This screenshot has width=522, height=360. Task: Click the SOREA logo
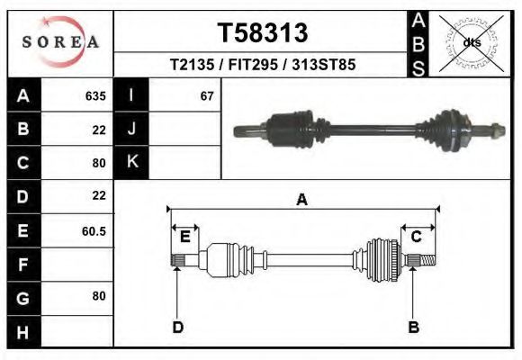pos(60,42)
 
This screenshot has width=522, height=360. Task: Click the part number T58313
pos(263,33)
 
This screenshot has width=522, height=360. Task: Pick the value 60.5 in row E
pos(94,230)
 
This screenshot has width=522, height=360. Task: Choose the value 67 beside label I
pos(207,96)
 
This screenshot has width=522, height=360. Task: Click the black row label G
pos(22,297)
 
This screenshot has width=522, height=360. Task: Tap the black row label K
pos(131,163)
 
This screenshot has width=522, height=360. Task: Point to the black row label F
pos(22,264)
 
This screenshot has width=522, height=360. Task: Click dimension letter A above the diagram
pos(302,200)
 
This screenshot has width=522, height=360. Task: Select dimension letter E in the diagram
pos(184,237)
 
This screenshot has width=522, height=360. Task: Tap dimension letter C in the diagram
pos(416,237)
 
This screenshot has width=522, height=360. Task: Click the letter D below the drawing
pos(178,327)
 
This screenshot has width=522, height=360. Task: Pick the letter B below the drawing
pos(414,327)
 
